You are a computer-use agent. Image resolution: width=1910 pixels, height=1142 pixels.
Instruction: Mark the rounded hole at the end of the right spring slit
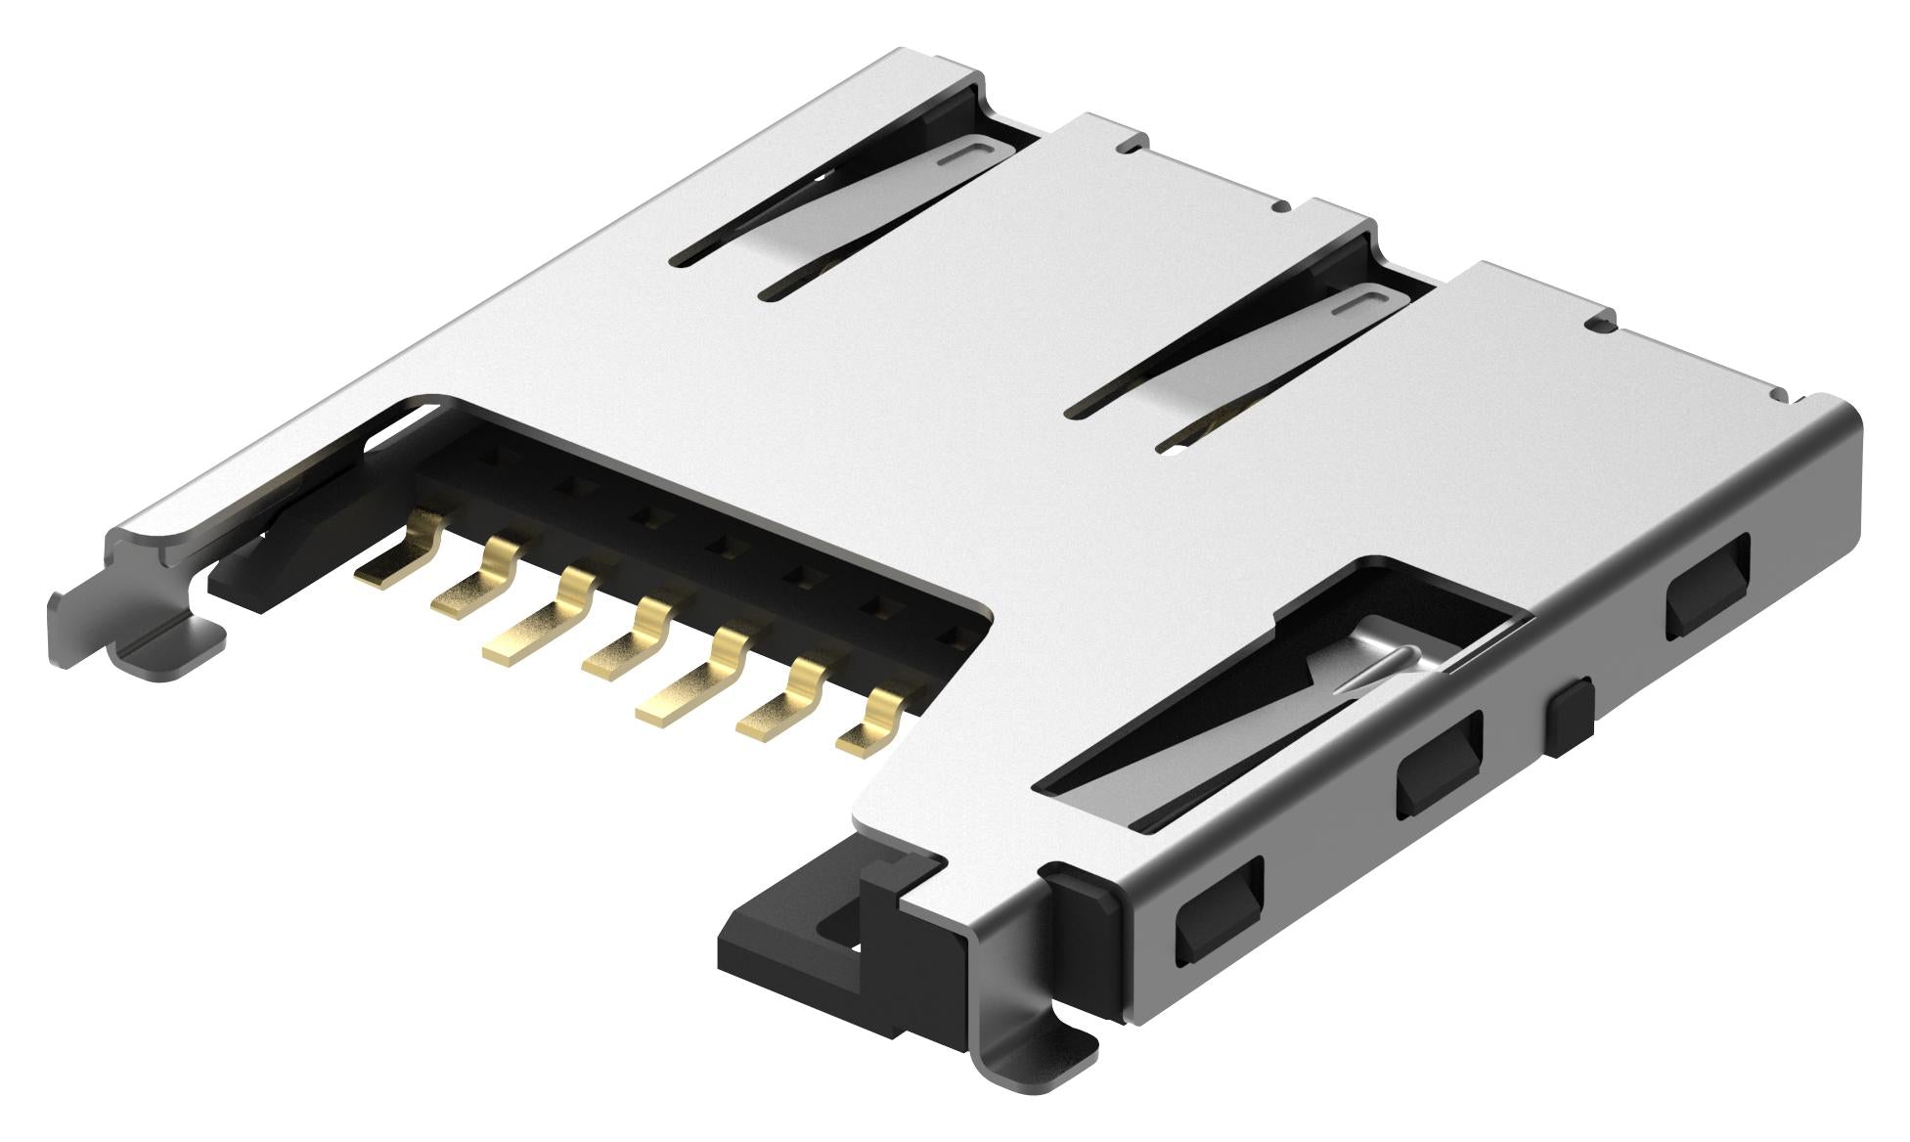point(1169,449)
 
